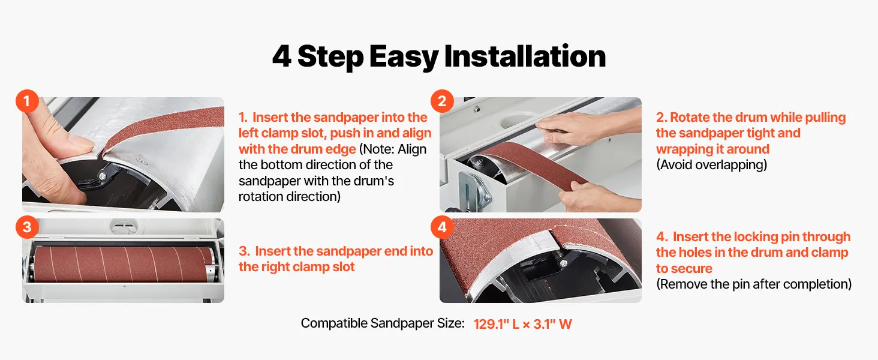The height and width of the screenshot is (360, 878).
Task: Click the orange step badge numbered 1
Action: [27, 101]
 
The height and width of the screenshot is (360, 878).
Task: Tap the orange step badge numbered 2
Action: [442, 101]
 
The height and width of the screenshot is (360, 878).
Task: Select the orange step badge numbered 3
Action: [27, 227]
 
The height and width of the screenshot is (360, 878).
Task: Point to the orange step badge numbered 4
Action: [442, 227]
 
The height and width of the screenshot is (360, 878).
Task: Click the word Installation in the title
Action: [525, 56]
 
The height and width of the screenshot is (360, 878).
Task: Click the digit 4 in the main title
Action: [281, 56]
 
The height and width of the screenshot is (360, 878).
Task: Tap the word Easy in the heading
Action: [404, 58]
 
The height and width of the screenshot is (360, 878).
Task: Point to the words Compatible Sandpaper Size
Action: [383, 323]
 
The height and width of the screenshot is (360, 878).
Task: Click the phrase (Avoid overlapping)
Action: [711, 165]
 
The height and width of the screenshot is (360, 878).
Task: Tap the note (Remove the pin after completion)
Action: [754, 284]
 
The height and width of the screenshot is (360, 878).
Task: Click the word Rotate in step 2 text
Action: [690, 117]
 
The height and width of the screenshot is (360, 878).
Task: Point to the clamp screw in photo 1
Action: [103, 176]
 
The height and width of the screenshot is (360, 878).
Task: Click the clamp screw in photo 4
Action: [563, 263]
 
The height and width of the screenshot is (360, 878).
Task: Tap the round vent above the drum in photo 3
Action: [124, 226]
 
